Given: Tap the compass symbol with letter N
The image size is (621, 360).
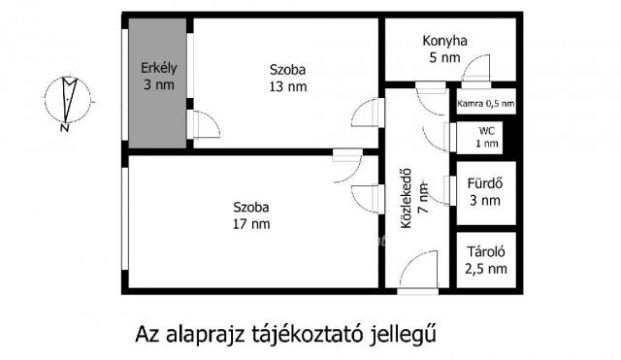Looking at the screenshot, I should [x=67, y=101].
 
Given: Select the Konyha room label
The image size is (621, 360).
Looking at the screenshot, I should [x=445, y=41].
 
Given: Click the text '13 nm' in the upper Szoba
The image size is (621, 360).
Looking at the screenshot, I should [x=287, y=86].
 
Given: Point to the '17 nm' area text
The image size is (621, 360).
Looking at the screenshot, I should [x=251, y=224].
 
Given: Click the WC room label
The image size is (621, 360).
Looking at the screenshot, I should [x=486, y=130].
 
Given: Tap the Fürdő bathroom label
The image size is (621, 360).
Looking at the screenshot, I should [x=484, y=182].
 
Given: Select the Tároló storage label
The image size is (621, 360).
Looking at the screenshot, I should [x=484, y=252].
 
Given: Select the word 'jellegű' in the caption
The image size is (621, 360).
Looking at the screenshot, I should [x=398, y=337].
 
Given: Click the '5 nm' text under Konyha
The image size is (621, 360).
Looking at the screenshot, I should [x=445, y=57].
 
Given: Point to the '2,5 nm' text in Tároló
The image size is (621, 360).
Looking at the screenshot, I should [x=484, y=269].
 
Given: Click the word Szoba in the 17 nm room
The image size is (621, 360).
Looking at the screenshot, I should [x=251, y=207].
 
